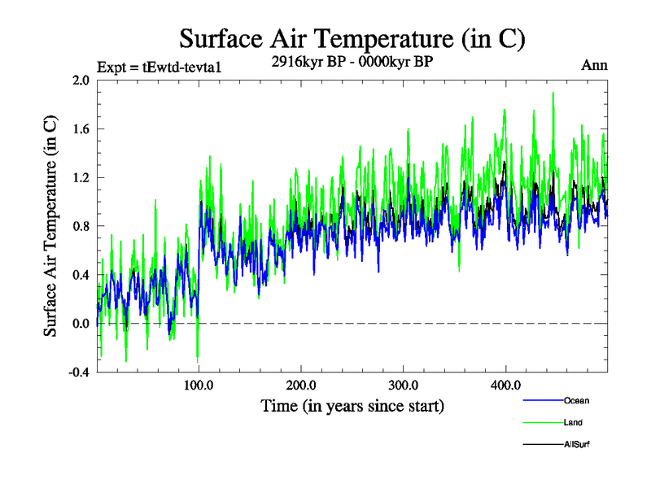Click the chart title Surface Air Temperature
(x=352, y=38)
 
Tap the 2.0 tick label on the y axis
(x=80, y=81)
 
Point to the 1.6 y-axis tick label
(x=80, y=129)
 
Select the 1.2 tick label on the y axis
(x=80, y=178)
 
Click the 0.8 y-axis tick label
(x=80, y=227)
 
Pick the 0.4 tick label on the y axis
(x=80, y=275)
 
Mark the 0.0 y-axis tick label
(x=80, y=324)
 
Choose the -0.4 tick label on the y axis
(x=78, y=373)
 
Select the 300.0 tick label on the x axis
(x=404, y=385)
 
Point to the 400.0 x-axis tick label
(x=505, y=385)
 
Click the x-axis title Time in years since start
(x=352, y=405)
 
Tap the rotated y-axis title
(x=50, y=226)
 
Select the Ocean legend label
(x=576, y=401)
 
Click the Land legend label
(x=573, y=423)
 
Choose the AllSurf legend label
(x=578, y=445)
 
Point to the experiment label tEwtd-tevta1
(x=159, y=67)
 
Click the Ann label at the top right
(x=594, y=65)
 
